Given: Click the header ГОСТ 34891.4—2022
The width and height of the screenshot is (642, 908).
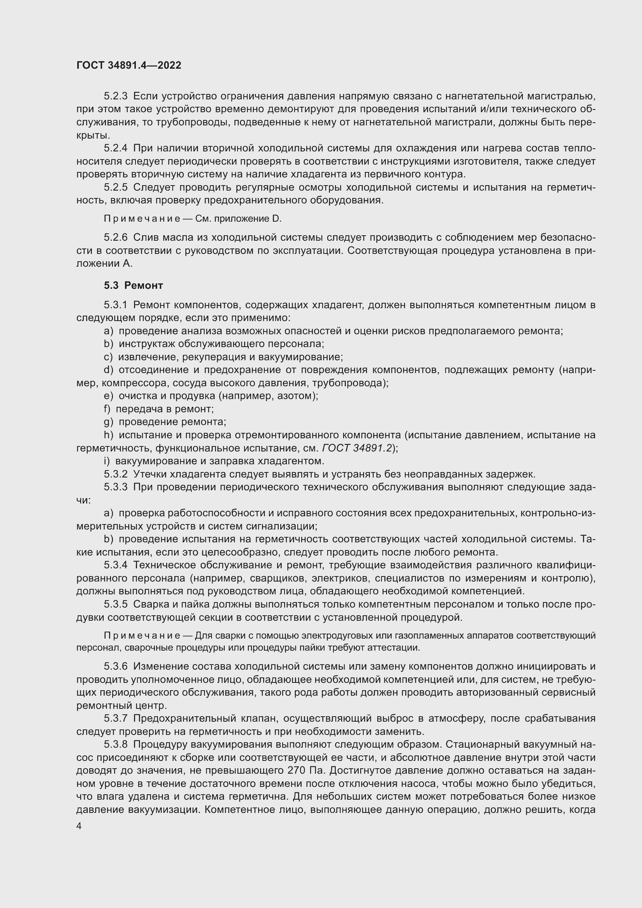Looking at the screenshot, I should pyautogui.click(x=128, y=66).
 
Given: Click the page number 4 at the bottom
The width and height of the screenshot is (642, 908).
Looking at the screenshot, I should pyautogui.click(x=79, y=826).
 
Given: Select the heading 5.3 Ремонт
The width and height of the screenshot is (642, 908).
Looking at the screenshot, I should pyautogui.click(x=133, y=285).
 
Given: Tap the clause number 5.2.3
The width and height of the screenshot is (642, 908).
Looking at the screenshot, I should pyautogui.click(x=115, y=96).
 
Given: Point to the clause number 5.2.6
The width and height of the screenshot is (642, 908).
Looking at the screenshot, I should pyautogui.click(x=115, y=237).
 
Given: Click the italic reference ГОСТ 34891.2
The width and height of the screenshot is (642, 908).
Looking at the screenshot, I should pyautogui.click(x=357, y=448).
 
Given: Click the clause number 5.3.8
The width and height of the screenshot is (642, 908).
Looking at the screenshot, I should pyautogui.click(x=115, y=744).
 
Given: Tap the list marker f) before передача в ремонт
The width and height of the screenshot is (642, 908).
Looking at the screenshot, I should pyautogui.click(x=107, y=409).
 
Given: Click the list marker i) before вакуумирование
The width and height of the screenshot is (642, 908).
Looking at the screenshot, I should pyautogui.click(x=106, y=461).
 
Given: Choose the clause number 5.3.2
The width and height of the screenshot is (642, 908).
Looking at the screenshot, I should pyautogui.click(x=115, y=474).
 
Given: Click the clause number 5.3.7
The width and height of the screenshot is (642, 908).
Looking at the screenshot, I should pyautogui.click(x=115, y=718).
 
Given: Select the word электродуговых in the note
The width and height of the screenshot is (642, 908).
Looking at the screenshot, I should pyautogui.click(x=333, y=635).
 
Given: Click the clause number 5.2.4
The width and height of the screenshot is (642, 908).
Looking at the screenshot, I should pyautogui.click(x=115, y=148).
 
